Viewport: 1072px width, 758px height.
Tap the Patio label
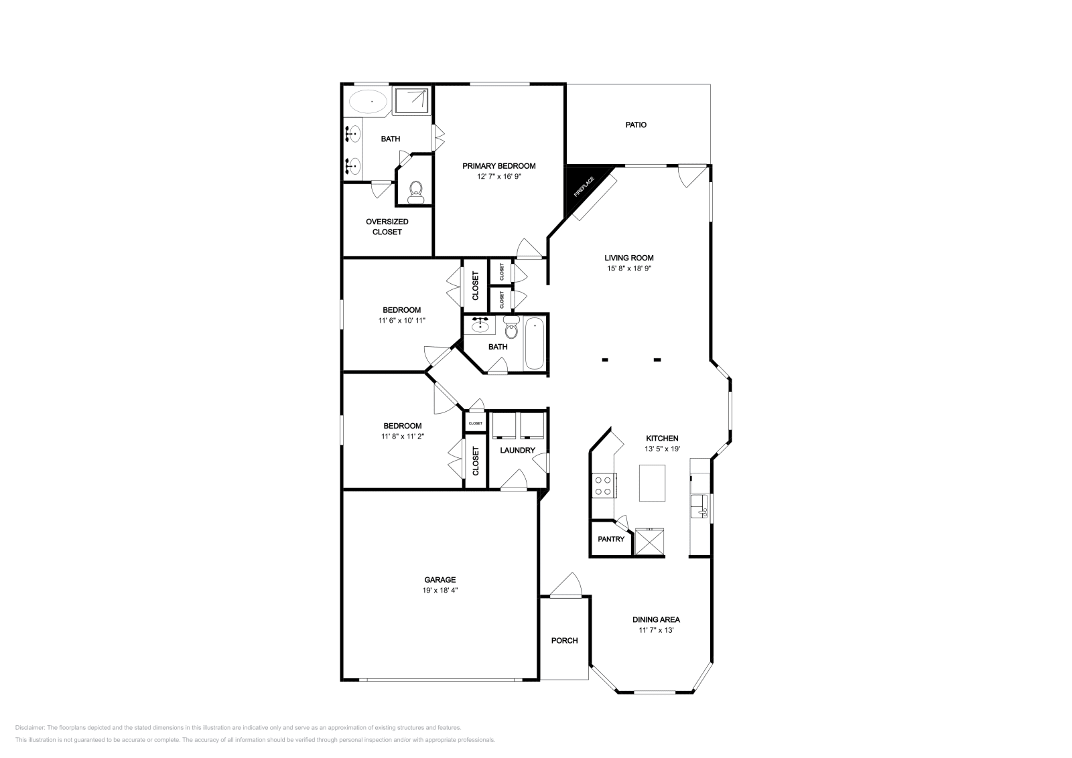pyautogui.click(x=636, y=125)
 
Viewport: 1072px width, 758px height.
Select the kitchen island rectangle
pyautogui.click(x=652, y=483)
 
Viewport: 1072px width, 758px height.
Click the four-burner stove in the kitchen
pyautogui.click(x=604, y=485)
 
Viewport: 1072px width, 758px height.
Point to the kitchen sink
pyautogui.click(x=699, y=506)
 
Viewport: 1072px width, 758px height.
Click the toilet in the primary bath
pyautogui.click(x=415, y=192)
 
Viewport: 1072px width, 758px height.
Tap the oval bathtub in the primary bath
pyautogui.click(x=368, y=101)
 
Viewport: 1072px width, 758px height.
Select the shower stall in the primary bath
pyautogui.click(x=411, y=100)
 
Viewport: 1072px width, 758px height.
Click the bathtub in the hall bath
pyautogui.click(x=534, y=344)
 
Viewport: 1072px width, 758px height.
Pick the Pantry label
pyautogui.click(x=611, y=539)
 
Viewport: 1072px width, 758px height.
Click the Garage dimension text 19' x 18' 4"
pyautogui.click(x=440, y=590)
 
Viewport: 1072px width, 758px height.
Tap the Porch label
pyautogui.click(x=564, y=640)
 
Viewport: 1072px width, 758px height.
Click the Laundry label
pyautogui.click(x=517, y=450)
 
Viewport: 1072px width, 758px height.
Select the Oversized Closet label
pyautogui.click(x=387, y=227)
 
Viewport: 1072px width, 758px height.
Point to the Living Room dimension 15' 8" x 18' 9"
pyautogui.click(x=629, y=269)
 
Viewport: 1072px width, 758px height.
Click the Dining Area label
pyautogui.click(x=656, y=619)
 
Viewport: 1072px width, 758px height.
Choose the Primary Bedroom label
pyautogui.click(x=498, y=166)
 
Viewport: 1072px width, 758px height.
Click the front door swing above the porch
pyautogui.click(x=565, y=585)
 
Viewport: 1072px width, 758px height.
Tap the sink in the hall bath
pyautogui.click(x=480, y=326)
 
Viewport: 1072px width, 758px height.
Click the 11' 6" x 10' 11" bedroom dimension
pyautogui.click(x=401, y=321)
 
